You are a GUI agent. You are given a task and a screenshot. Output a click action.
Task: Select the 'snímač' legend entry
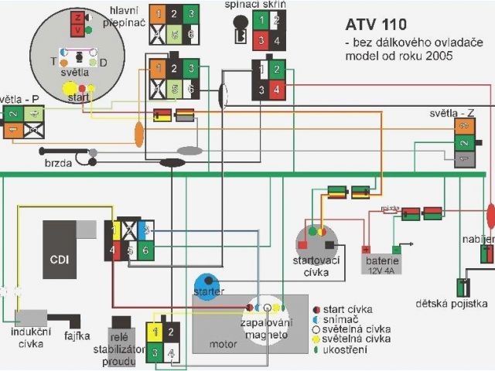[x=340, y=318]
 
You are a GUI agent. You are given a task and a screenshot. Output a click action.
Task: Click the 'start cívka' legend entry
[x=348, y=307]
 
